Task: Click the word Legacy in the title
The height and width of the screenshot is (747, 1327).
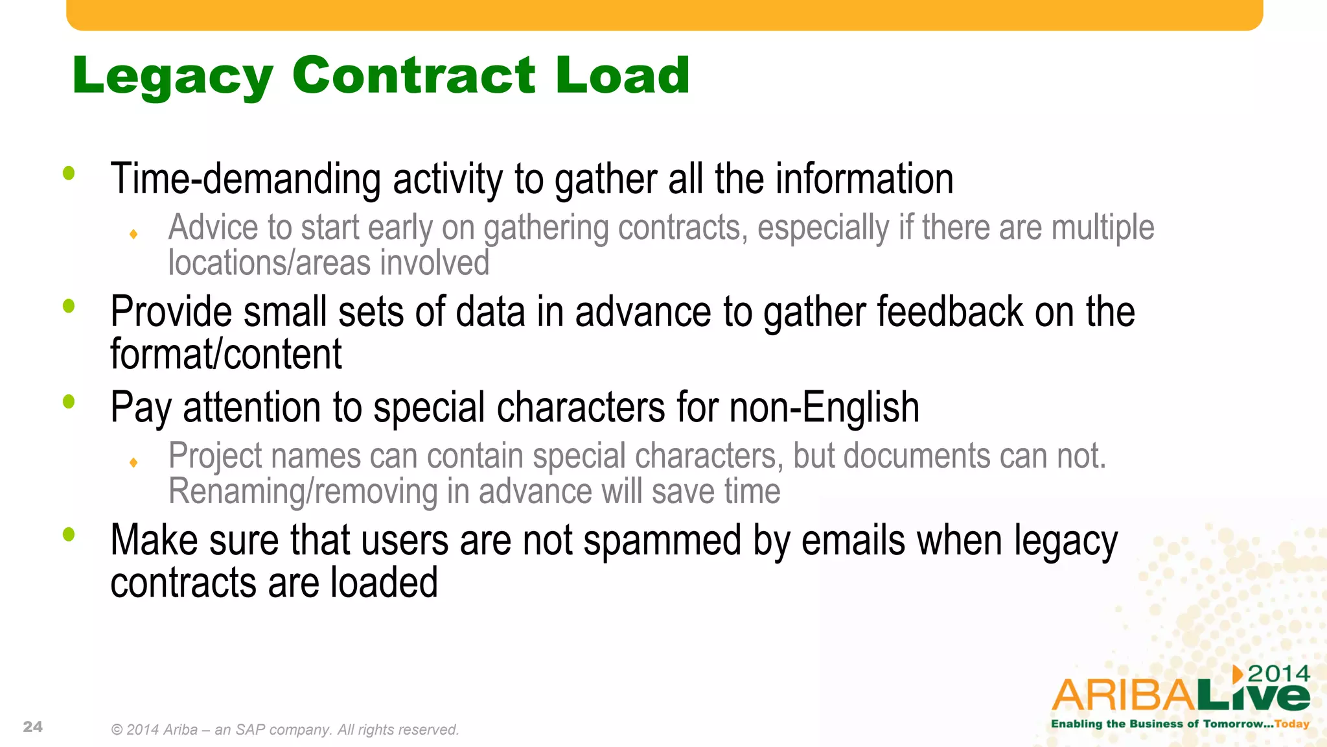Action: (x=172, y=77)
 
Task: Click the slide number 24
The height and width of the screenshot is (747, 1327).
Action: (x=33, y=727)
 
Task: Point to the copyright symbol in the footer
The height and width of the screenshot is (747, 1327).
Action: (x=117, y=730)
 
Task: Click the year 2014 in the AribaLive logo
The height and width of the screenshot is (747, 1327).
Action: (x=1278, y=674)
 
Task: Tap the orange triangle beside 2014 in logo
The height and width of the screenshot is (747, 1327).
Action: (x=1238, y=674)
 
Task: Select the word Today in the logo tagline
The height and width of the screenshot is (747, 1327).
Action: (x=1292, y=724)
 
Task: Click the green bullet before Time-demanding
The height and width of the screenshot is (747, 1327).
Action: (x=69, y=173)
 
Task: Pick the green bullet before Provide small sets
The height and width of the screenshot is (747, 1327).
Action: (x=69, y=306)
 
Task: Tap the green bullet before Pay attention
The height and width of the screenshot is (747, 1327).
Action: (x=69, y=402)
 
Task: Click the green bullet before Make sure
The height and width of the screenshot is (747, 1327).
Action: (x=69, y=535)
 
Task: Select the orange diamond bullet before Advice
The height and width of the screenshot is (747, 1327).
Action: (x=133, y=234)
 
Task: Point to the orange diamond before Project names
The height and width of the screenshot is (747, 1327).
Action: (x=133, y=462)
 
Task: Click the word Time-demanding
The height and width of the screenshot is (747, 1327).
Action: (x=246, y=179)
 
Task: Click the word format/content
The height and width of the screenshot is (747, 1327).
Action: (x=226, y=354)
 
